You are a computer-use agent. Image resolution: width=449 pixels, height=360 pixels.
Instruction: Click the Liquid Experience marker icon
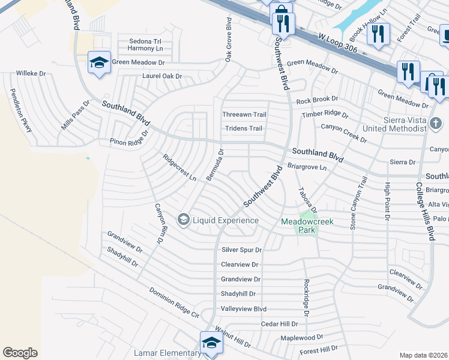click(x=183, y=220)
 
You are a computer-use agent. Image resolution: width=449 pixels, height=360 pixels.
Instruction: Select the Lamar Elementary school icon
click(x=211, y=344)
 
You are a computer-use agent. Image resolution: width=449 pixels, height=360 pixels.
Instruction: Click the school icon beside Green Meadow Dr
click(x=99, y=62)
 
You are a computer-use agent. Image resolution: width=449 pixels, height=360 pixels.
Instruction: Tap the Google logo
click(x=20, y=353)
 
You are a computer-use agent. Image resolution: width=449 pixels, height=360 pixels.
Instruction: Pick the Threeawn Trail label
click(x=244, y=115)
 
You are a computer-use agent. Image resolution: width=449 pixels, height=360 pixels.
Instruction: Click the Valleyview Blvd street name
click(x=243, y=309)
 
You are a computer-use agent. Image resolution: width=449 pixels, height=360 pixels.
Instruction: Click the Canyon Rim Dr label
click(x=160, y=223)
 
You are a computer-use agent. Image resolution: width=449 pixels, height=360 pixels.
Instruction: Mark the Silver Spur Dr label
click(x=242, y=250)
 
